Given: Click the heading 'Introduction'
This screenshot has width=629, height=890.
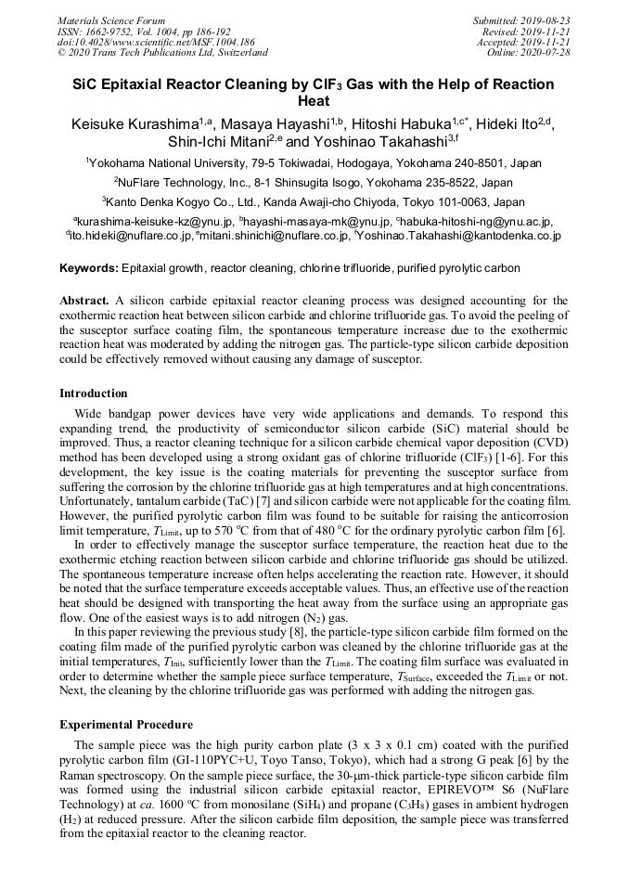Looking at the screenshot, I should pos(94,393).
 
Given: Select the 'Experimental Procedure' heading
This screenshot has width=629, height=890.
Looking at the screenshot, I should pos(126,725).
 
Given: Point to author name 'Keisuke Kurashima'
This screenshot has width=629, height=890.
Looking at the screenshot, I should pos(132,124).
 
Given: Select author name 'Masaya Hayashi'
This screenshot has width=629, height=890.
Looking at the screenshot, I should pos(269,124).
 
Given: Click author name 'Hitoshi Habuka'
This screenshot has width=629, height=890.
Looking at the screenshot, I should pos(397,124).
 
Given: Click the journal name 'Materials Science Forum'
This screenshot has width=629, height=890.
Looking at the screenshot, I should pos(111,19).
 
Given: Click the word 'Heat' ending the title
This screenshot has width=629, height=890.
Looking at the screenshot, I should pos(314,101).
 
